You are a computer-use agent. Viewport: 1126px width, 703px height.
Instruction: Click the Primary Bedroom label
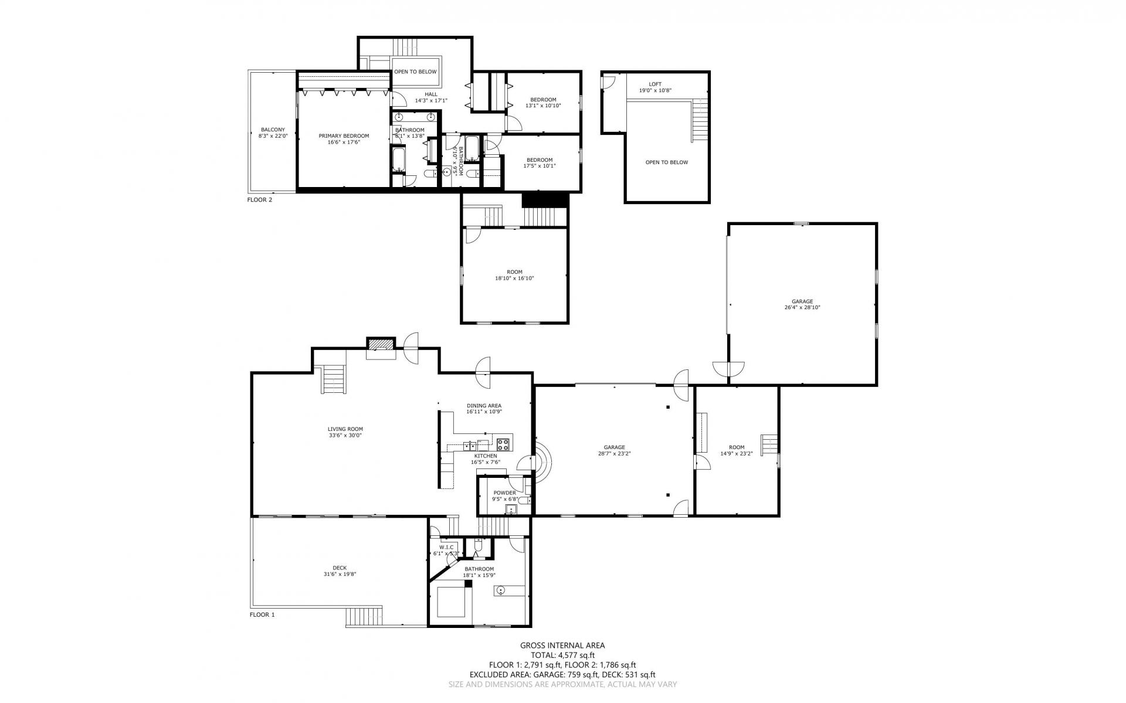(344, 136)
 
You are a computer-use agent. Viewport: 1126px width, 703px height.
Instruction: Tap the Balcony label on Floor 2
(273, 130)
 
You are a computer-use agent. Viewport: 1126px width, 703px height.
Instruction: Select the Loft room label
(655, 84)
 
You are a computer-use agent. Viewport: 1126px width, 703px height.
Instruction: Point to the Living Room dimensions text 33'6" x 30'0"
(346, 436)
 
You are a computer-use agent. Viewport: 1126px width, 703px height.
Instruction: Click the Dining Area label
(484, 406)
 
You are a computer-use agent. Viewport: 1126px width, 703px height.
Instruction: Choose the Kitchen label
(486, 456)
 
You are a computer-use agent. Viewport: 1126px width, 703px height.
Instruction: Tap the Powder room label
(504, 493)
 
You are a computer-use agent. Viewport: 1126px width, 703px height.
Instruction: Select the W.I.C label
(445, 547)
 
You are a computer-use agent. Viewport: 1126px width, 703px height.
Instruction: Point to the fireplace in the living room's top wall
(381, 347)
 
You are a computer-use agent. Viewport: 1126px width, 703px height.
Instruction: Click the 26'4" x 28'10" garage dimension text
(802, 307)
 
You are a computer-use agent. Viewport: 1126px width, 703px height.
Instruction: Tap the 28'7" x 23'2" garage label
(614, 453)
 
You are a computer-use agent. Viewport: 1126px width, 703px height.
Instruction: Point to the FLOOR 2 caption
(260, 200)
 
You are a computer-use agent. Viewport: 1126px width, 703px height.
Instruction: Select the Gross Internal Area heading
(562, 646)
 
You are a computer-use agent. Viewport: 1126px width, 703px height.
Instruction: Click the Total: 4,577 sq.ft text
(562, 656)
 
